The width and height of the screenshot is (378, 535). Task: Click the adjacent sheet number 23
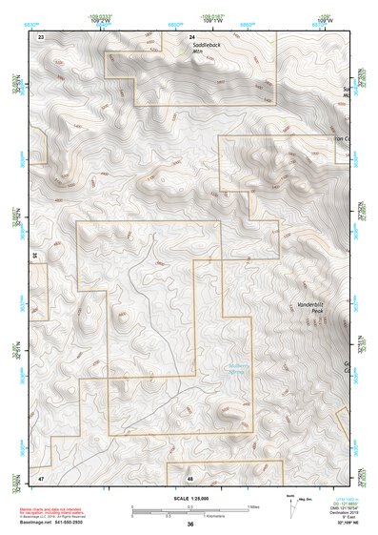[x=41, y=35]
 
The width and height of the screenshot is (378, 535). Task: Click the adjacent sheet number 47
[x=41, y=475]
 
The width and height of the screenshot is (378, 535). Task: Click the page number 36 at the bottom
[x=190, y=525]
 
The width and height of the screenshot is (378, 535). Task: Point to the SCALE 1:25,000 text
[x=190, y=498]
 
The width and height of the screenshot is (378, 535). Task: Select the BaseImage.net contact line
[x=57, y=523]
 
